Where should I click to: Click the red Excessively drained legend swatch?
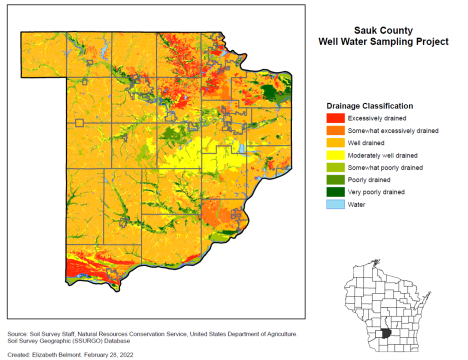point(335,118)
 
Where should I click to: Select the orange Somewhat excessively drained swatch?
point(335,131)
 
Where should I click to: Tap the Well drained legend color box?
point(335,143)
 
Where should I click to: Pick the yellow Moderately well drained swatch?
point(335,155)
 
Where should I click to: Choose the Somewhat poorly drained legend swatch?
point(335,167)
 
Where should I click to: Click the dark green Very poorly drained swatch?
point(335,192)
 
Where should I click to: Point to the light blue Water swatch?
point(335,205)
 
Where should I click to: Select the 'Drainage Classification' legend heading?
point(370,106)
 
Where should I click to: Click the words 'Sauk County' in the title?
point(383,31)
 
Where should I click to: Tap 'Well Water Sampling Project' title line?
point(383,42)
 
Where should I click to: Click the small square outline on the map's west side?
point(79,122)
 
